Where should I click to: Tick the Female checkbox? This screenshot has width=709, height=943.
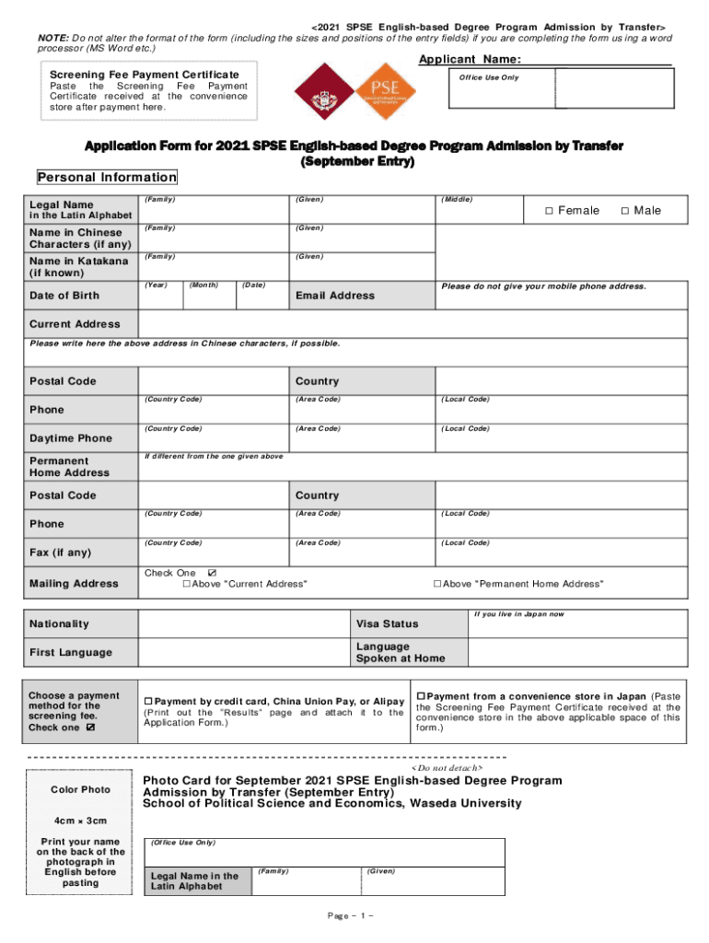(548, 212)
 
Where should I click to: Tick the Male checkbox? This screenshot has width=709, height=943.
(625, 212)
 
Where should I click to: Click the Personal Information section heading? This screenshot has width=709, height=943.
(106, 177)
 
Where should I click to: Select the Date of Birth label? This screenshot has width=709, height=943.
(64, 296)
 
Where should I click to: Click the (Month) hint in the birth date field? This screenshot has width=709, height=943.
(203, 285)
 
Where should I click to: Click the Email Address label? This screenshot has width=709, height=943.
(334, 296)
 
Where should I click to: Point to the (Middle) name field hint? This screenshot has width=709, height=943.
(457, 200)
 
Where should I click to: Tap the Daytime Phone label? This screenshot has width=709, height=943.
(70, 438)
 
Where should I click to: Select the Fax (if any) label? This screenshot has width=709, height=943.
(62, 553)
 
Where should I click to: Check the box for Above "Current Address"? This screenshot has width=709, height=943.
(187, 585)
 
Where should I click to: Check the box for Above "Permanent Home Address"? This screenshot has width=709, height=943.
(437, 585)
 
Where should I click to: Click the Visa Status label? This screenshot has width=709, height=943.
(387, 623)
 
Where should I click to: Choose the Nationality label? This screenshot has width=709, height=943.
(59, 623)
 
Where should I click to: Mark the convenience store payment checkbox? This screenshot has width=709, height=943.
(420, 695)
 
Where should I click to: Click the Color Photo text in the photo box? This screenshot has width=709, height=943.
(80, 790)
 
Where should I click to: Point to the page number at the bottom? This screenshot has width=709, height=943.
(349, 916)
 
